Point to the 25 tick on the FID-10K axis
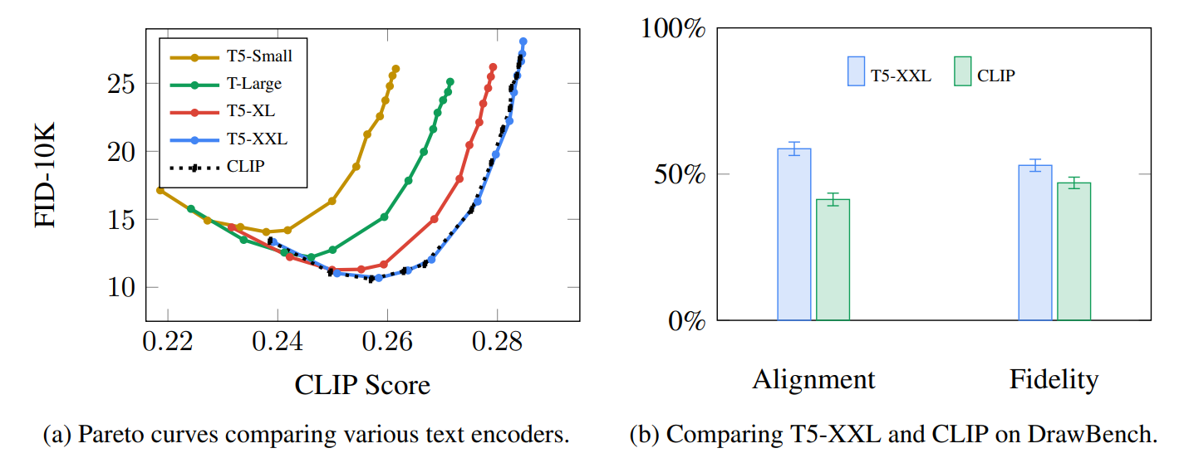coord(123,84)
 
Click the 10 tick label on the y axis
coord(123,287)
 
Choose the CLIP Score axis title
coord(362,385)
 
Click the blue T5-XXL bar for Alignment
coord(793,234)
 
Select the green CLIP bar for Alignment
coord(833,260)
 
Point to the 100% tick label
coord(673,28)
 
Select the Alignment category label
coord(813,380)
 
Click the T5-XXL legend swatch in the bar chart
coord(855,71)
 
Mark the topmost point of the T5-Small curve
coord(395,69)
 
